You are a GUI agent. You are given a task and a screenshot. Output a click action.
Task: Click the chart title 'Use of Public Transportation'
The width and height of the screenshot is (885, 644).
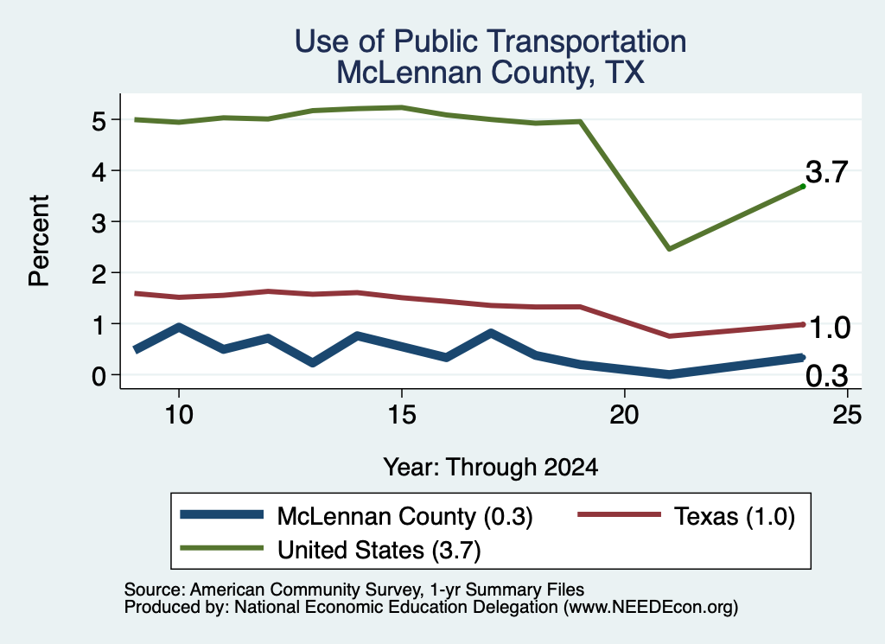(x=491, y=41)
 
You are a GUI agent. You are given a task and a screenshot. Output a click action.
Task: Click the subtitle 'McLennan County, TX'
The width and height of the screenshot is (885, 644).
(x=491, y=73)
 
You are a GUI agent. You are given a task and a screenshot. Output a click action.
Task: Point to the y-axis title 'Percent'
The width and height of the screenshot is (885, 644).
(x=39, y=240)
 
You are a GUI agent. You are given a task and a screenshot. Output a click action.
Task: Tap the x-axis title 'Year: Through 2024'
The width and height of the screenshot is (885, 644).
(x=491, y=468)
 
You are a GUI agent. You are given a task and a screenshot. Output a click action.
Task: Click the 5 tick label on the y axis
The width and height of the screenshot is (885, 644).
(x=99, y=121)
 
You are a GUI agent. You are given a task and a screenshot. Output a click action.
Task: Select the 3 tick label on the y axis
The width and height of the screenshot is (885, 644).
(x=99, y=223)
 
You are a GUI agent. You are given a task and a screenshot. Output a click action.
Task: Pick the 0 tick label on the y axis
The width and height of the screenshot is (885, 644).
(x=99, y=376)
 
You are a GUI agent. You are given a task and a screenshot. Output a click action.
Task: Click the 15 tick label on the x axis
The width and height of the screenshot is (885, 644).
(x=402, y=415)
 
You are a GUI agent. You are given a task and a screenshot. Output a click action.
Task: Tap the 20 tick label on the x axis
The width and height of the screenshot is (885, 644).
(x=624, y=415)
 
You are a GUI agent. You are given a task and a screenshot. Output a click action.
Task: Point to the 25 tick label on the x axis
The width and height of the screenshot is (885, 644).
(x=847, y=415)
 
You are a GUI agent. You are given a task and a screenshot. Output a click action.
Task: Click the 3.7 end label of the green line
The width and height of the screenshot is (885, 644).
(x=827, y=172)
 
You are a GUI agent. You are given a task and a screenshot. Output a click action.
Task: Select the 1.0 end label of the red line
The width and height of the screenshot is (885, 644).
(x=829, y=328)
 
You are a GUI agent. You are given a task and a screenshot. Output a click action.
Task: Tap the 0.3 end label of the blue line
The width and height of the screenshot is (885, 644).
(x=827, y=376)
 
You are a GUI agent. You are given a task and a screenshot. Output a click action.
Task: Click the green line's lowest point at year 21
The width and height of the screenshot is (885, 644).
(x=669, y=248)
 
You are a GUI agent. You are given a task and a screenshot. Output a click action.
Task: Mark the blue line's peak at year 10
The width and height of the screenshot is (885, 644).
(x=179, y=327)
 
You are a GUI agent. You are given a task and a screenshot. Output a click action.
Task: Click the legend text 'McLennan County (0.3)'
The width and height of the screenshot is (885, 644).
(x=404, y=516)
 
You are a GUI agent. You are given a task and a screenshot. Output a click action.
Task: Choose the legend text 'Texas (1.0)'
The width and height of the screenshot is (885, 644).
(x=735, y=516)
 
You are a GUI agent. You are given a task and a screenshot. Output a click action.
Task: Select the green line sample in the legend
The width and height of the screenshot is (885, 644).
(x=222, y=548)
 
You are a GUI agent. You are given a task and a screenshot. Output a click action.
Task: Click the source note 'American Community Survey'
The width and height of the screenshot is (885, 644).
(x=306, y=590)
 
